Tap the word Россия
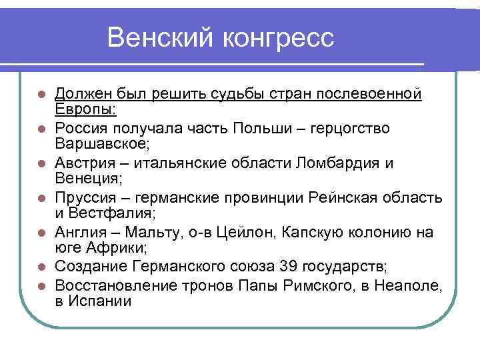(80, 128)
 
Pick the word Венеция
(85, 179)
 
